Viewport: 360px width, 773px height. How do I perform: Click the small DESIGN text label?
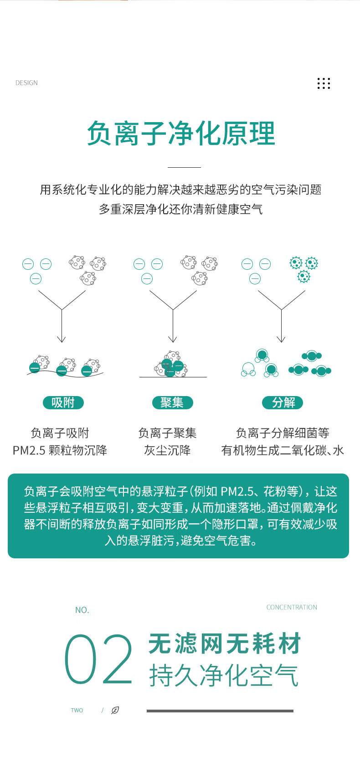coord(26,83)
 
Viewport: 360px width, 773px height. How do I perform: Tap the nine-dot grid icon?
coord(324,83)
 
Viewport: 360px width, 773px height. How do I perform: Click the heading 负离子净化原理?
coord(181,134)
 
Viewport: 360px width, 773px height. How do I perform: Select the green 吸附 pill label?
coord(63,402)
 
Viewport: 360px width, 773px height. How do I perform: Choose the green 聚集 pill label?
coord(172,402)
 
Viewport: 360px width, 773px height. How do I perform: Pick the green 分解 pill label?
coord(283,402)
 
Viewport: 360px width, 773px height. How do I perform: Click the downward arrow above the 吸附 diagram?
coord(62,326)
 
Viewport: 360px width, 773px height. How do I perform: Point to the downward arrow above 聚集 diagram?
coord(173,326)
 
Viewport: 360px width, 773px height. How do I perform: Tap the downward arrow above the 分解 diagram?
coord(281,326)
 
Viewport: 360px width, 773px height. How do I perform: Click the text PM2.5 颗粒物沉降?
coord(60,450)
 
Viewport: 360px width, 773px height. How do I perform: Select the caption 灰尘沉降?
coord(167,450)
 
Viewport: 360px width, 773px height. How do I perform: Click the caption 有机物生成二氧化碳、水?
coord(283,450)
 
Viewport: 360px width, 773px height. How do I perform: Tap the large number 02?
coord(98,660)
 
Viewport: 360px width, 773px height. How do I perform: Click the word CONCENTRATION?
coord(292,607)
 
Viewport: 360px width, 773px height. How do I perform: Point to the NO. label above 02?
coord(82,610)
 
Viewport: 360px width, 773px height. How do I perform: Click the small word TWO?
coord(77,710)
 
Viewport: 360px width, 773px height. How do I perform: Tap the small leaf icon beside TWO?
coord(115,710)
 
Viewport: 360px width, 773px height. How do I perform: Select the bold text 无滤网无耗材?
coord(224,644)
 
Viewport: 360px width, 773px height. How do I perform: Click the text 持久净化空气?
coord(224,675)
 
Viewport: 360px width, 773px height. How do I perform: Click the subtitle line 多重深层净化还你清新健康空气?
coord(181,209)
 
